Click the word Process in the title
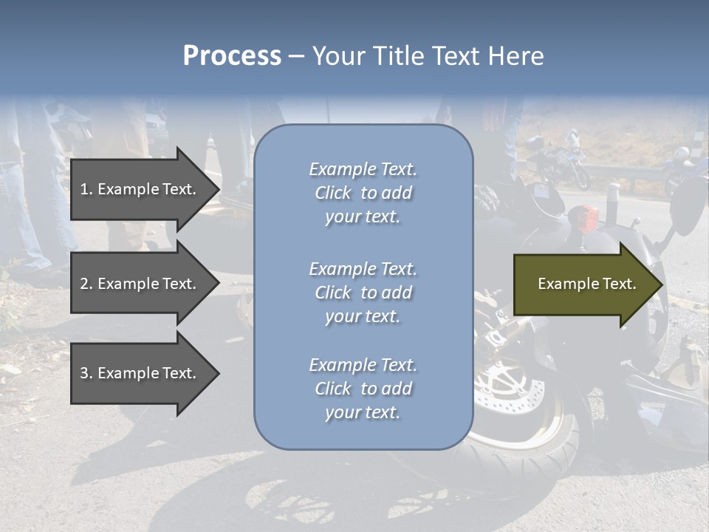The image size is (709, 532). pyautogui.click(x=232, y=56)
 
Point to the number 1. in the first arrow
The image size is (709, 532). pyautogui.click(x=86, y=189)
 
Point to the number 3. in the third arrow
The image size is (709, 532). pyautogui.click(x=86, y=373)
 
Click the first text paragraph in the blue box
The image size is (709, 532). pyautogui.click(x=363, y=193)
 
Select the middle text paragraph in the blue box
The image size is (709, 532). pyautogui.click(x=363, y=293)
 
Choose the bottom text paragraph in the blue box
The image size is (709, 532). pyautogui.click(x=363, y=389)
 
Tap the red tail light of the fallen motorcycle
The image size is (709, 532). pyautogui.click(x=587, y=218)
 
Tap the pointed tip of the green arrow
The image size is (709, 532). pyautogui.click(x=662, y=284)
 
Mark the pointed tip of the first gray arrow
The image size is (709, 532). pyautogui.click(x=219, y=189)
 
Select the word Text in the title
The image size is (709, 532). pyautogui.click(x=457, y=56)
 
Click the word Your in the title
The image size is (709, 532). pyautogui.click(x=339, y=56)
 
